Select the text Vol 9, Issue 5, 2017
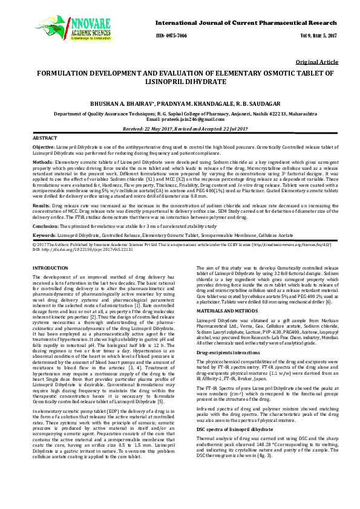319,36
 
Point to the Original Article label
317,62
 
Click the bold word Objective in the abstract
43,147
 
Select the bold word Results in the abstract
41,206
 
